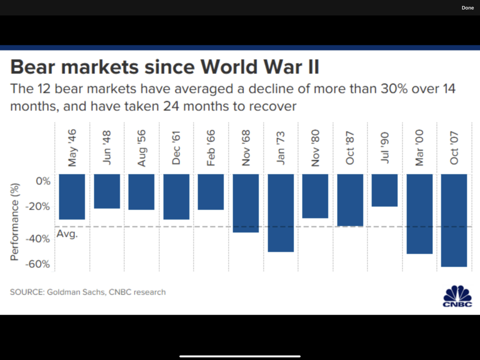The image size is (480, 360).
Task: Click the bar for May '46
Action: point(72,197)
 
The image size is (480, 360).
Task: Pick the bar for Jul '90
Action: point(385,190)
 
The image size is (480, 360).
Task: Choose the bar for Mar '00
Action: point(420,214)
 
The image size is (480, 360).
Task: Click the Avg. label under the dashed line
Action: point(67,234)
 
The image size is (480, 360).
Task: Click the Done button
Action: point(468,8)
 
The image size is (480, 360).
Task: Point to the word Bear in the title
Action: point(37,67)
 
